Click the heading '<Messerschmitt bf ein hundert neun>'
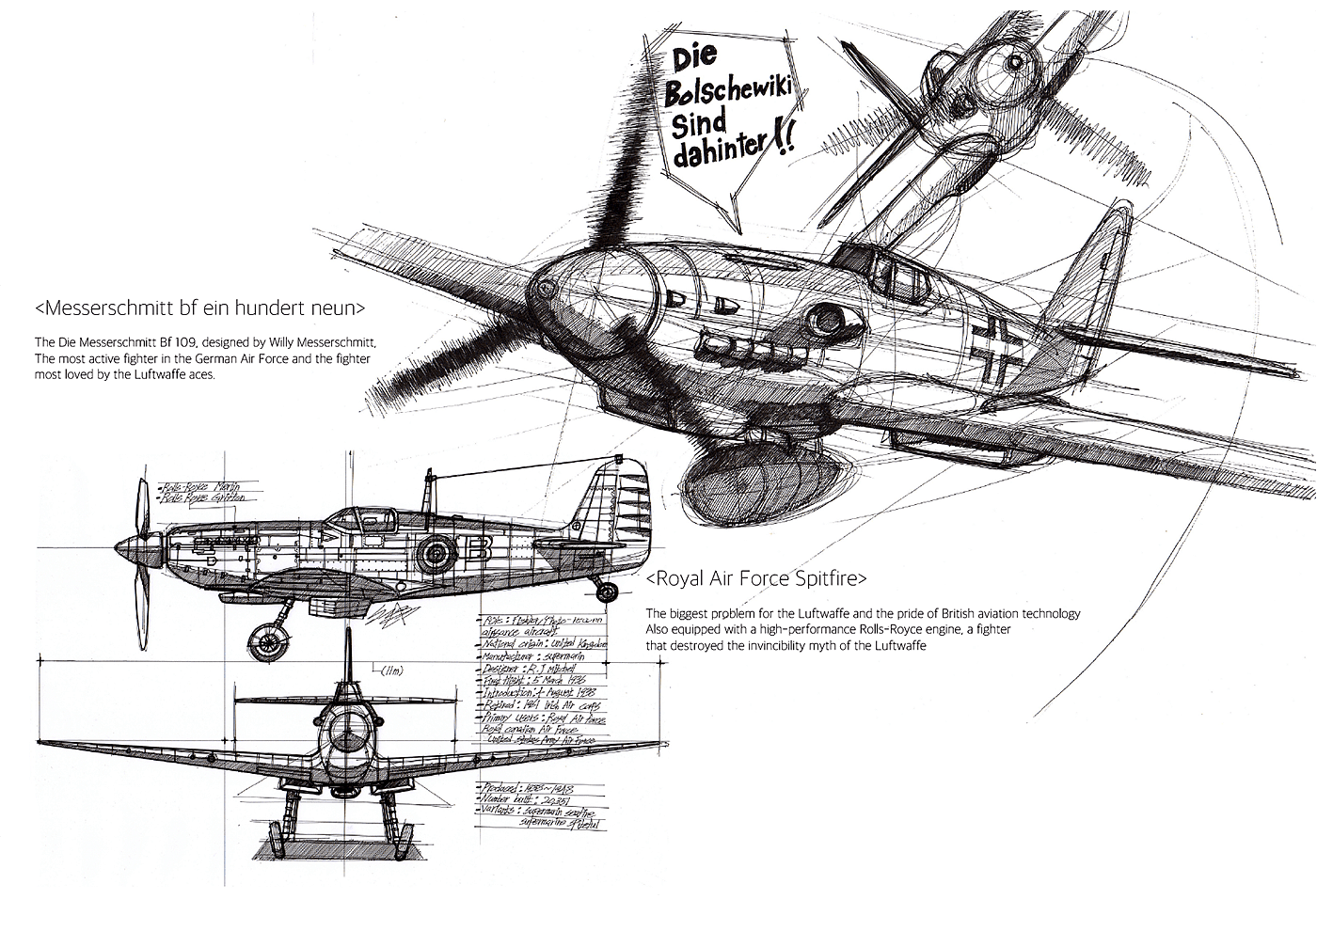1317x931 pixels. pyautogui.click(x=199, y=308)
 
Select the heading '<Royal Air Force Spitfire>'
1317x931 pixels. pyautogui.click(x=756, y=577)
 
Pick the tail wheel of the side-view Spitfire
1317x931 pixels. pyautogui.click(x=608, y=592)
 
